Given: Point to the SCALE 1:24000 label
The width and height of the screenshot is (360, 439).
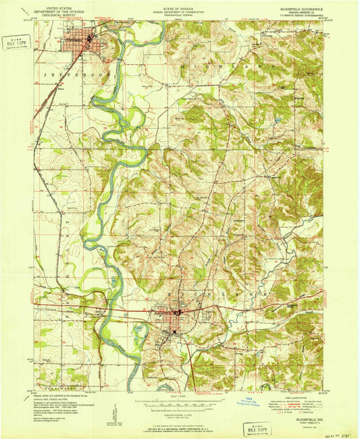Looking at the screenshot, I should (180, 396).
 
